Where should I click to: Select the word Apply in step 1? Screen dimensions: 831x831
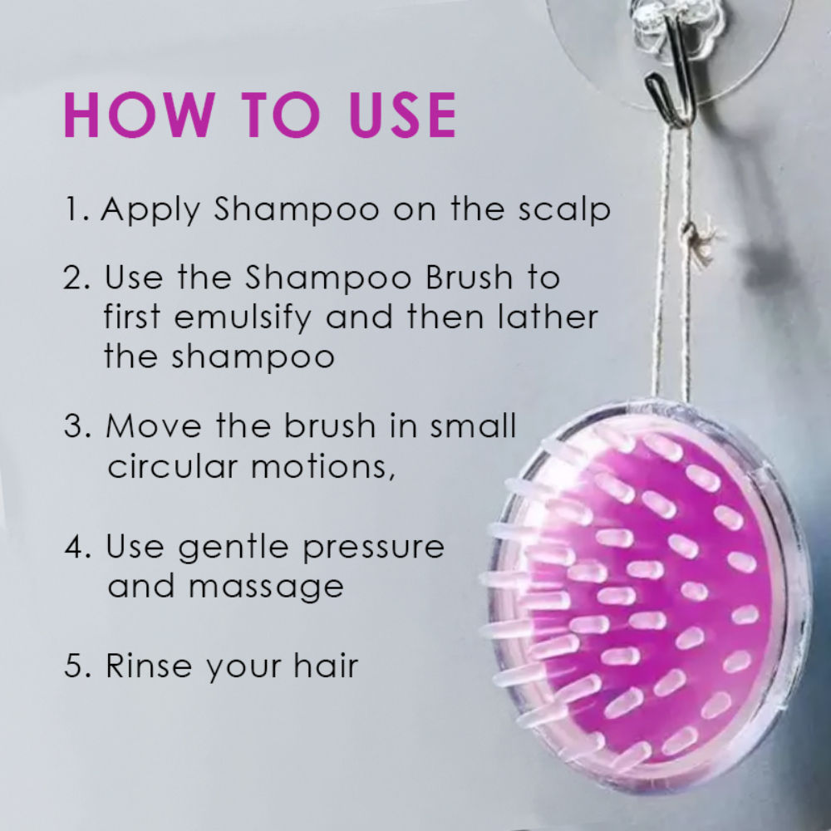(150, 210)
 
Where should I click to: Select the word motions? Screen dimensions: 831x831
(322, 467)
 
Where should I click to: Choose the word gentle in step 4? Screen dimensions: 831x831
(234, 548)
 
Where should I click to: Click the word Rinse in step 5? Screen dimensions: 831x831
(149, 666)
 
